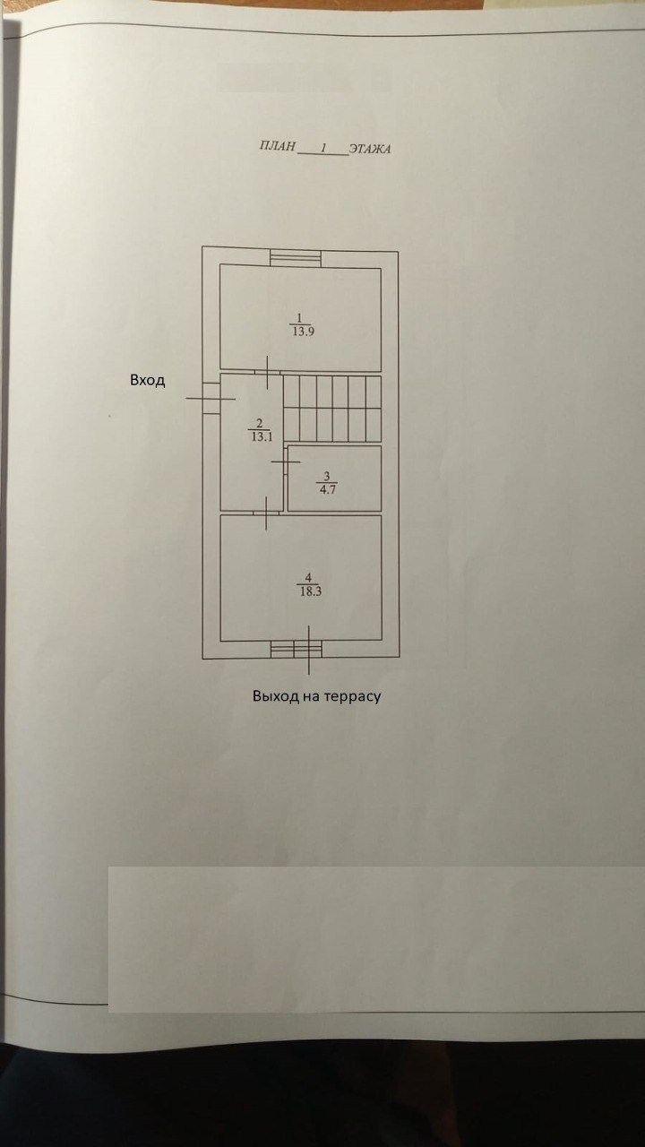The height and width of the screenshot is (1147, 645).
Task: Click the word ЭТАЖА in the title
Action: (x=369, y=149)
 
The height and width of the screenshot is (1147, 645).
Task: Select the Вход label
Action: (x=148, y=380)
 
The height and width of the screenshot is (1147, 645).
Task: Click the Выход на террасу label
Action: (x=316, y=695)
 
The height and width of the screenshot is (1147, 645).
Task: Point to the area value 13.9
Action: (x=301, y=331)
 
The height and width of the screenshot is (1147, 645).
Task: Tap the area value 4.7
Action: (x=327, y=488)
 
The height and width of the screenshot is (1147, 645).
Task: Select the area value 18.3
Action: (x=309, y=591)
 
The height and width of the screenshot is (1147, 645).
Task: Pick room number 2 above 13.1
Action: (x=259, y=424)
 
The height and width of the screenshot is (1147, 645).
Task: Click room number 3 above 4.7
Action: (x=327, y=476)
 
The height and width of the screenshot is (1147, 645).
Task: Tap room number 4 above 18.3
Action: (x=308, y=577)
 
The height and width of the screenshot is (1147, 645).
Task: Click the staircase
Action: (x=332, y=409)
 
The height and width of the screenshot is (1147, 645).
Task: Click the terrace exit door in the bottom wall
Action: (x=297, y=650)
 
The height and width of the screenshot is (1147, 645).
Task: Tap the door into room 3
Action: (x=286, y=461)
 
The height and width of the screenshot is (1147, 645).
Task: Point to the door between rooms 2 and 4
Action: (x=267, y=513)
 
